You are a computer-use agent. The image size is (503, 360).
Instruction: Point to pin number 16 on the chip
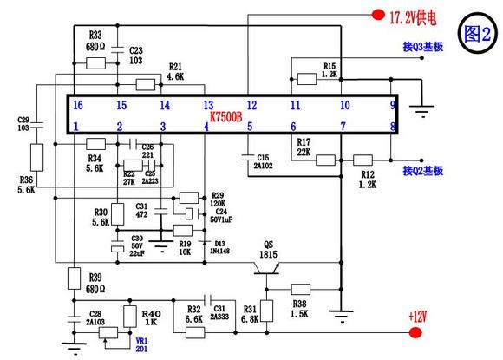tap(78, 105)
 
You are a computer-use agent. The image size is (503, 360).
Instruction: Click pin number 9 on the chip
tap(392, 105)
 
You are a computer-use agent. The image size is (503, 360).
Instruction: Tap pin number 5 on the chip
tap(250, 128)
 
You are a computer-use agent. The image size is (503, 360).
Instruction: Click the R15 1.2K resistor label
tap(330, 70)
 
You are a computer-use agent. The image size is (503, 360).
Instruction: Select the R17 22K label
tap(304, 147)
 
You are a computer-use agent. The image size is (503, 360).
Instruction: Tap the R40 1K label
tap(151, 317)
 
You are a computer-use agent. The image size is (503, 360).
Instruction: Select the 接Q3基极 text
tap(423, 47)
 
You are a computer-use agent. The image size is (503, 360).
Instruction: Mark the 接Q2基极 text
tap(423, 172)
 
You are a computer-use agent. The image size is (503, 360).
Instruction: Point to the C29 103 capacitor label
tap(23, 122)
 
